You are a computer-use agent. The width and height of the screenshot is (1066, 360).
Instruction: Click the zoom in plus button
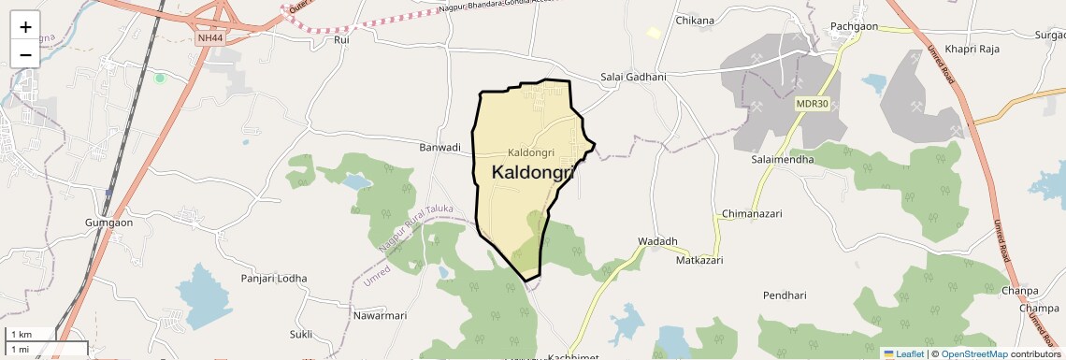point(25,27)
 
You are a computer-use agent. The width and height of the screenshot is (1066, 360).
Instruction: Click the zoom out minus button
point(25,54)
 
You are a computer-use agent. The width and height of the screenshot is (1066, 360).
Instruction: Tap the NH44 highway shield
point(209,38)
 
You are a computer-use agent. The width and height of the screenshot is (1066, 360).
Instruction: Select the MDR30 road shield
point(813,104)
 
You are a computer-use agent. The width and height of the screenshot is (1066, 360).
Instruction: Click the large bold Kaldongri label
point(532,173)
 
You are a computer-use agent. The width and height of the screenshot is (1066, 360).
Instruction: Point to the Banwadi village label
point(439,148)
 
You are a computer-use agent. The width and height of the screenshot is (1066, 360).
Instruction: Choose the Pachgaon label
point(854,27)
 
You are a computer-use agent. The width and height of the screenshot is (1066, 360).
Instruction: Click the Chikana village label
point(694,21)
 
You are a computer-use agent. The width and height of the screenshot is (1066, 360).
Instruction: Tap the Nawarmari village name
point(380,316)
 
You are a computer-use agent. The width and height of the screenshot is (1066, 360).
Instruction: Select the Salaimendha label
point(783,160)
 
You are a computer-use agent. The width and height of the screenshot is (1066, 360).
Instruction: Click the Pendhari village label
point(784,295)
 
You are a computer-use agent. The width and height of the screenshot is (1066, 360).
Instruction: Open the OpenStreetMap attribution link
point(973,353)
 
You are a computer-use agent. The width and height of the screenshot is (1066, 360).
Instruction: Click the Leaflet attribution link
point(904,353)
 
